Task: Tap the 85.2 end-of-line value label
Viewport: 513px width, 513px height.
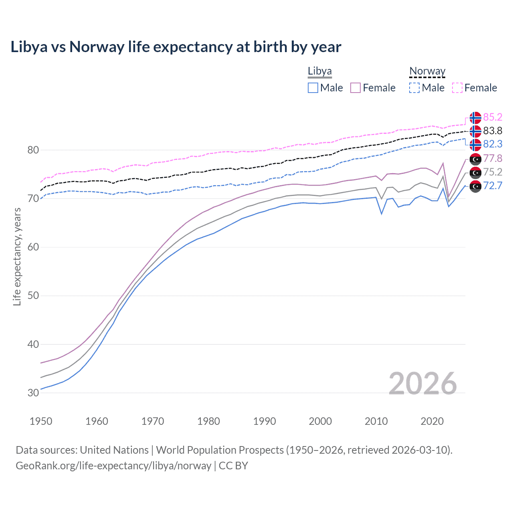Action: [x=493, y=117]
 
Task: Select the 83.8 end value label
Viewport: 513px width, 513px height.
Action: [x=493, y=131]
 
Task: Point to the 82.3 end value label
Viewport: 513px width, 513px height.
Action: [x=493, y=144]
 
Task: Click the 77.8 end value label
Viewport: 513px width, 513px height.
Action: [x=493, y=158]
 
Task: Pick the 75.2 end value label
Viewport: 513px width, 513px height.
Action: [x=493, y=172]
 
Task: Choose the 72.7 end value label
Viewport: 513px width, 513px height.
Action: [x=493, y=186]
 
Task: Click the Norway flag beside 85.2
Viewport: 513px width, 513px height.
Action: [x=475, y=117]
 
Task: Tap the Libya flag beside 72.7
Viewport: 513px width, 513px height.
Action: [x=475, y=186]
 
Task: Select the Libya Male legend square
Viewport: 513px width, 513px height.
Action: [x=313, y=88]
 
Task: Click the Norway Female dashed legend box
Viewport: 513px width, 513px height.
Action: [x=457, y=88]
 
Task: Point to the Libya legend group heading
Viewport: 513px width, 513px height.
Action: [x=319, y=71]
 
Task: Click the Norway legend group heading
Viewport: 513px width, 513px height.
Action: [x=427, y=71]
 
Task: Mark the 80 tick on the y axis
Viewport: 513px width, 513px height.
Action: [x=33, y=150]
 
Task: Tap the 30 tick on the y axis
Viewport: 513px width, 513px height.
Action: [x=33, y=393]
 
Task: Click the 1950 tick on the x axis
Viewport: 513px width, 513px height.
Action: [x=41, y=421]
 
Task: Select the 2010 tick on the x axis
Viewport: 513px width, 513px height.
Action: [x=376, y=421]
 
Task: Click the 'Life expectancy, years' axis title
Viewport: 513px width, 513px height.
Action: [x=17, y=256]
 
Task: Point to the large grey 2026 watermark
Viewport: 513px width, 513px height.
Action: [x=422, y=384]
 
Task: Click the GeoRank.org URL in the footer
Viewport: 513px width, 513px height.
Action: [x=113, y=466]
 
